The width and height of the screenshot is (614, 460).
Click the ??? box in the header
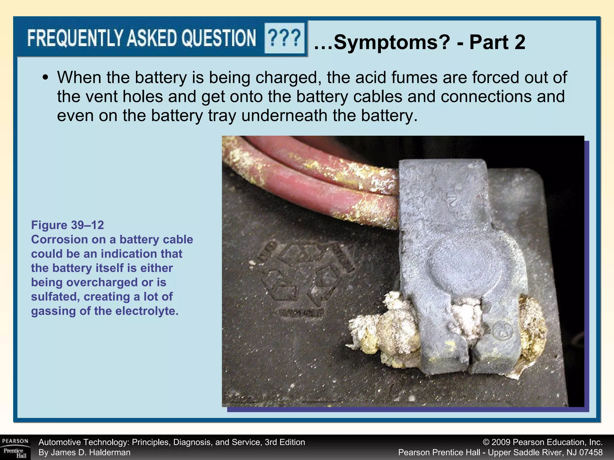284,38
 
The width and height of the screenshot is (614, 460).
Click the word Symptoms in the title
392,42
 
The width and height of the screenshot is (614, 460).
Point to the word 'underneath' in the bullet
284,116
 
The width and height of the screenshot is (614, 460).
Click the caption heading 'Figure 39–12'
67,225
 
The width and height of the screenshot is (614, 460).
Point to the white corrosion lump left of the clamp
387,332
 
